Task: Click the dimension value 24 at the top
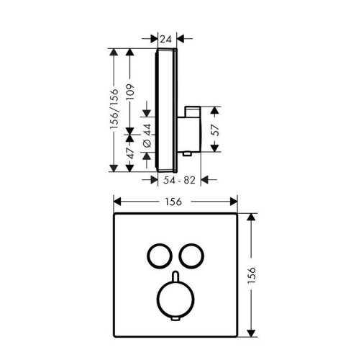pyautogui.click(x=166, y=39)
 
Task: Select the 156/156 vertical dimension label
pyautogui.click(x=114, y=109)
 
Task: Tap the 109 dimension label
pyautogui.click(x=131, y=92)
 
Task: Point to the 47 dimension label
pyautogui.click(x=131, y=153)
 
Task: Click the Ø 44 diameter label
pyautogui.click(x=147, y=135)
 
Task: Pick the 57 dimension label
pyautogui.click(x=216, y=130)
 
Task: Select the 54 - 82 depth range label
pyautogui.click(x=180, y=180)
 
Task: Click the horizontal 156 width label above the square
pyautogui.click(x=173, y=202)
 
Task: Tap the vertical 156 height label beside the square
pyautogui.click(x=252, y=275)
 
